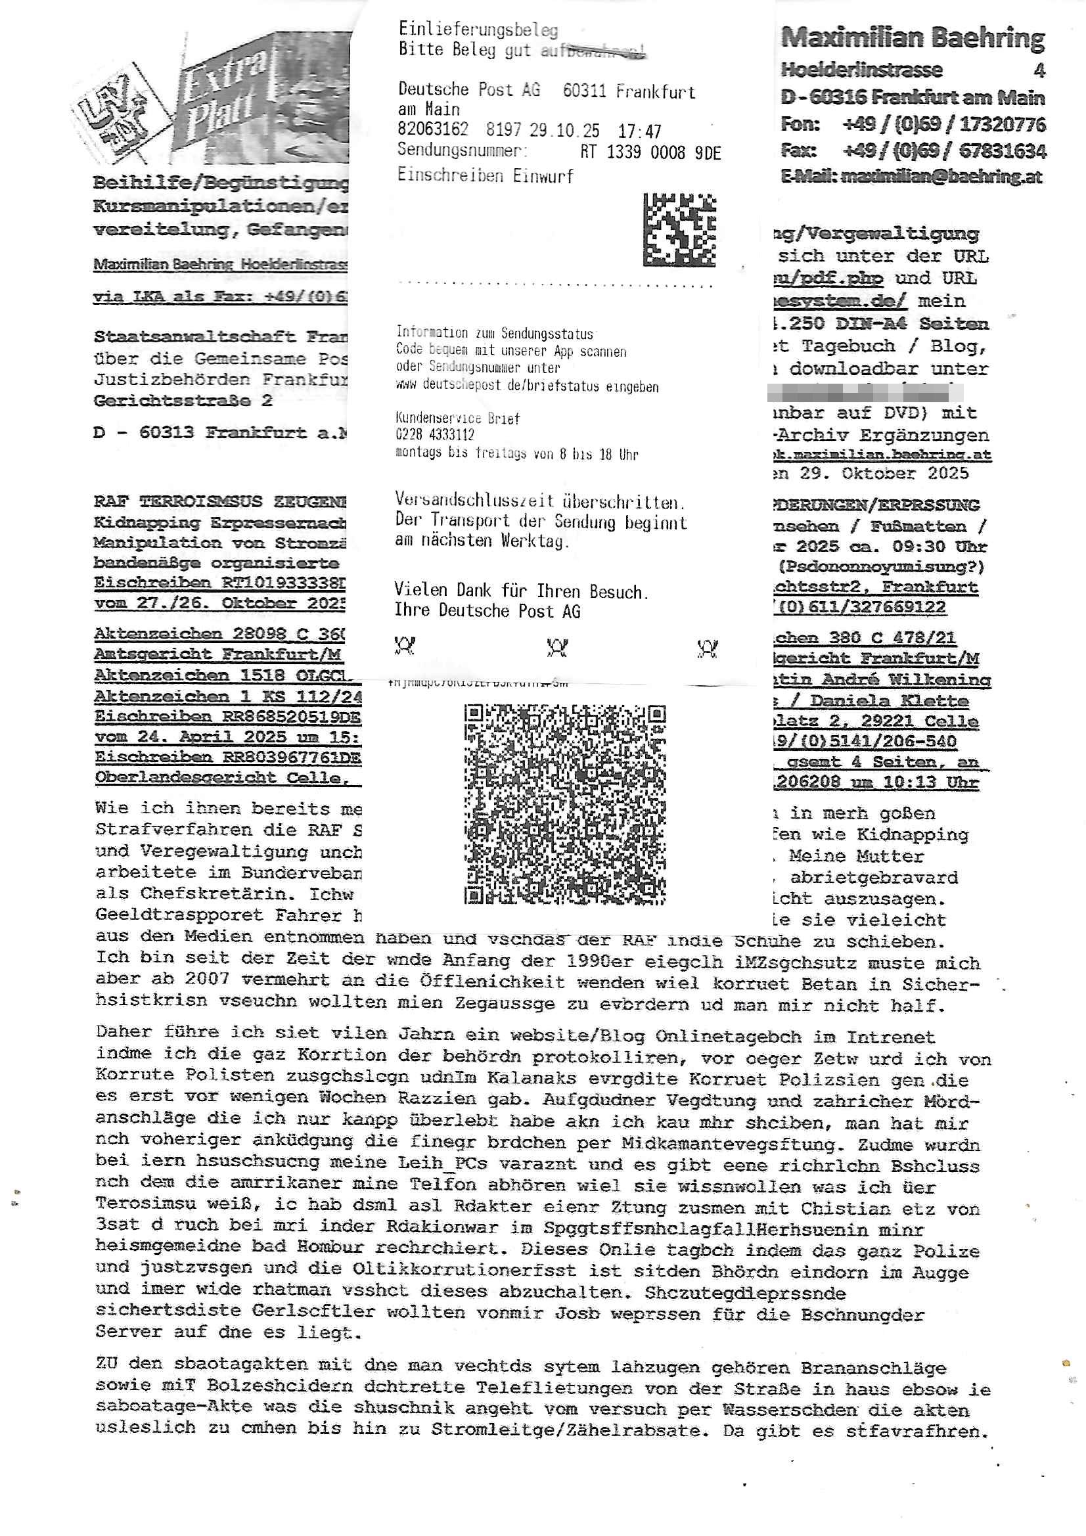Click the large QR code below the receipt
pos(565,804)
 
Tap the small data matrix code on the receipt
pos(679,229)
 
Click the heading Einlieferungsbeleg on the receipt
pos(478,30)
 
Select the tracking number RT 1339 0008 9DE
pos(650,152)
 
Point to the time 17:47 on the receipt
pos(639,131)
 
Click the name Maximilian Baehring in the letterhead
pos(912,38)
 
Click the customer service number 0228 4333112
pos(435,435)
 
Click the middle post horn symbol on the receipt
pos(556,647)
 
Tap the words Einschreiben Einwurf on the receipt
pos(485,175)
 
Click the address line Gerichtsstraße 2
pos(183,401)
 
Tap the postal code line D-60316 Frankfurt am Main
pos(912,98)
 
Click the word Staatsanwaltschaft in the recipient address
pos(194,336)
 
